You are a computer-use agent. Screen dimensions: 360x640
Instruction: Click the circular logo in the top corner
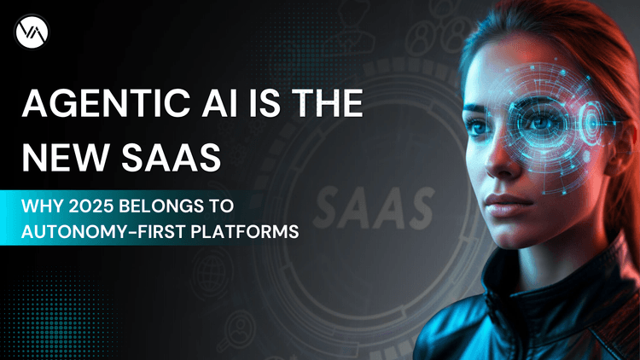[x=32, y=32]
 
